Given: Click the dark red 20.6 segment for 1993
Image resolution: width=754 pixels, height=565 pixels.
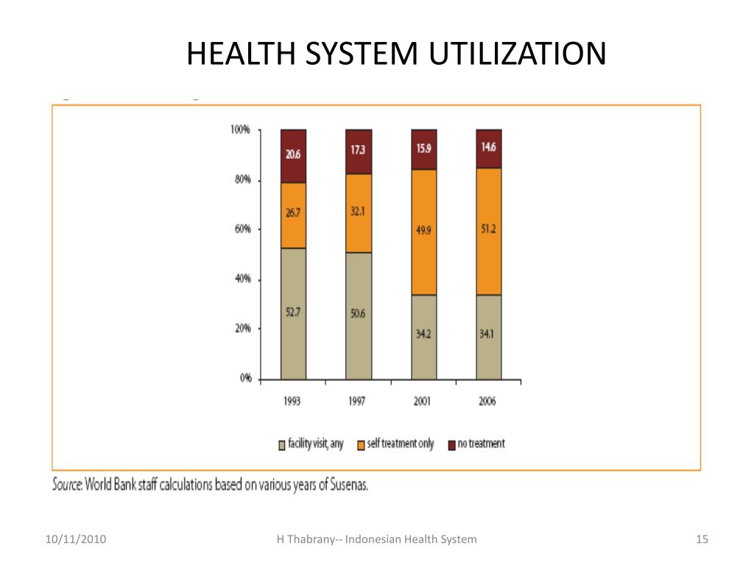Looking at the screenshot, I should [x=293, y=156].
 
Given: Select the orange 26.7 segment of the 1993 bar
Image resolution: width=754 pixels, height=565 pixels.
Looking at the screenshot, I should [x=293, y=215].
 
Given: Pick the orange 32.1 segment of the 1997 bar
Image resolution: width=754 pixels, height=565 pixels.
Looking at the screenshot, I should [x=359, y=213].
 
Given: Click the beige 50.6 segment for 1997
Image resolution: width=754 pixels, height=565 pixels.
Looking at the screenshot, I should [x=359, y=316].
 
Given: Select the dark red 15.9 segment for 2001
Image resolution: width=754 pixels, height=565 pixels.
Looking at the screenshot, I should [x=423, y=149].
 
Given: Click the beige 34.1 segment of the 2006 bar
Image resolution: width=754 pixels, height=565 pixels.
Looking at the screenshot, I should [x=488, y=336].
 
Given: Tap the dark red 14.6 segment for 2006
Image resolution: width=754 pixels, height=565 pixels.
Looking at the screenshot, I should [x=488, y=149].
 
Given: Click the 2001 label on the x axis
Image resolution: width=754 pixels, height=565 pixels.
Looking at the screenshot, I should [x=423, y=401].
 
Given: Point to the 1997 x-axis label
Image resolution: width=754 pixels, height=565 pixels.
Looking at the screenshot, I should [x=358, y=401].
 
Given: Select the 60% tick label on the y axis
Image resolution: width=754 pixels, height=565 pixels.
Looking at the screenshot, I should [x=243, y=230].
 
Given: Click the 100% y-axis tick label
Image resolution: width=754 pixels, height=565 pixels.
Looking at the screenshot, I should [x=241, y=130].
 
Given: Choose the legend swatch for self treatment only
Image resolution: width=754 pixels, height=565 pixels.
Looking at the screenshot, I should [x=362, y=444].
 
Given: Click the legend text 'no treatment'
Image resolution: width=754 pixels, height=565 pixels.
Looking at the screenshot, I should [x=482, y=444].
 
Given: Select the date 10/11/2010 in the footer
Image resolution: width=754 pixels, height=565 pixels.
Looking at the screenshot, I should [x=75, y=539].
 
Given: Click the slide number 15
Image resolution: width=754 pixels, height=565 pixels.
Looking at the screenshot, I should [x=702, y=539].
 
